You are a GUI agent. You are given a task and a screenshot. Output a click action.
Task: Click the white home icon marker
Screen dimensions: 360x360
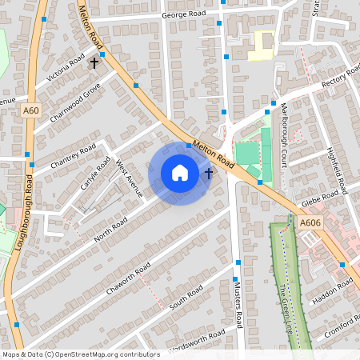(x=180, y=173)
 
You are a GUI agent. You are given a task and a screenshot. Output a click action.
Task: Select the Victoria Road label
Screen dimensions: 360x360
(x=66, y=70)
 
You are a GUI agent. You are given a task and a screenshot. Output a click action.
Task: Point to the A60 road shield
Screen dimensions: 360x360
(x=31, y=110)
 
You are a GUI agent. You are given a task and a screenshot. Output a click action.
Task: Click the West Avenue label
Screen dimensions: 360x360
(x=129, y=178)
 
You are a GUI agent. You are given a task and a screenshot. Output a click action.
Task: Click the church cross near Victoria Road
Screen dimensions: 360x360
(x=94, y=61)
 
